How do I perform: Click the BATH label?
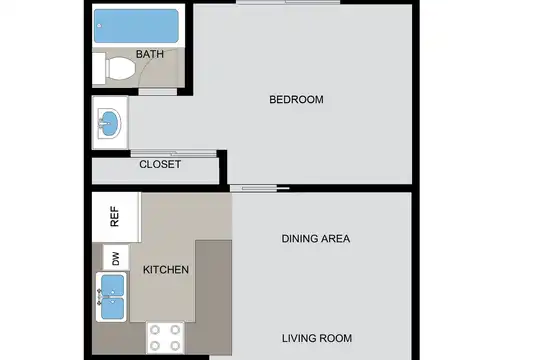tap(149, 54)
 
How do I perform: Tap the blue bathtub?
tap(136, 26)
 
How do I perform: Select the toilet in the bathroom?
tap(120, 69)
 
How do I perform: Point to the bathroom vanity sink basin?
tap(109, 123)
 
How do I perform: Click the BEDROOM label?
tap(296, 100)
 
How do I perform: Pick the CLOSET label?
tap(160, 164)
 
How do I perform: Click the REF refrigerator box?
tap(116, 217)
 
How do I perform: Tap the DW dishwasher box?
tap(116, 258)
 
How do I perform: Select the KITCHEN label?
tap(166, 270)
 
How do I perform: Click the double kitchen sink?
tap(112, 297)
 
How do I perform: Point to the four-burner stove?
tap(165, 338)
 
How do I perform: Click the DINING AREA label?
tap(315, 239)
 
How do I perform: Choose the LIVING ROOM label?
tap(317, 338)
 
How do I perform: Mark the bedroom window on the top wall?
tap(288, 2)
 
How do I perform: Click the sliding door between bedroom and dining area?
tap(260, 188)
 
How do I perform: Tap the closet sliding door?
tap(174, 154)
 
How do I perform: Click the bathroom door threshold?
tap(158, 92)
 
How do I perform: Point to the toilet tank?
tap(99, 68)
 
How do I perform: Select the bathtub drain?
tap(99, 26)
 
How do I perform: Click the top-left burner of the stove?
tap(155, 330)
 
